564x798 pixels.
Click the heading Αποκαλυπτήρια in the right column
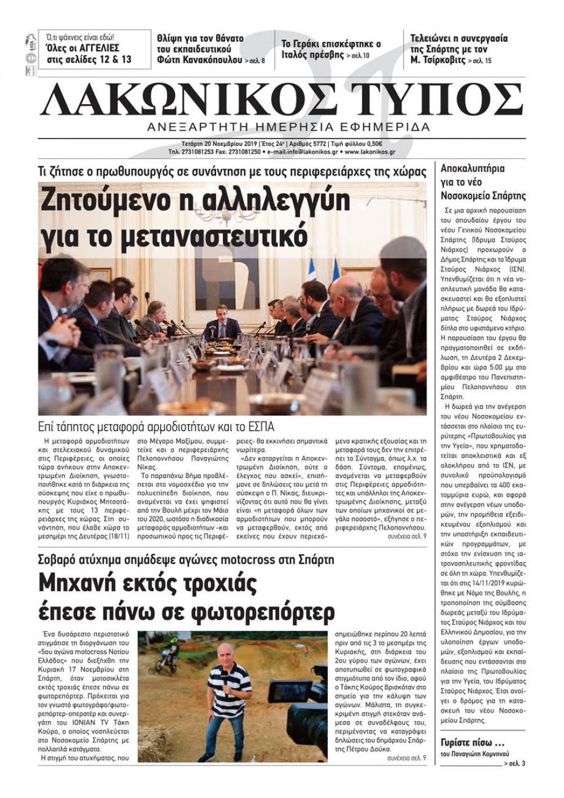click(x=473, y=168)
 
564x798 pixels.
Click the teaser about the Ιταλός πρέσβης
click(x=331, y=49)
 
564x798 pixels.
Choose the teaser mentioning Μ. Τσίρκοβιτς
click(x=458, y=49)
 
